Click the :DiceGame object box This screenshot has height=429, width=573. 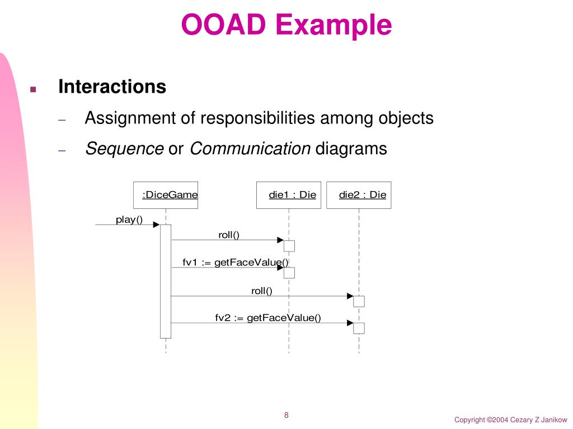[166, 195]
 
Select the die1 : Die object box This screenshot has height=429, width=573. [289, 195]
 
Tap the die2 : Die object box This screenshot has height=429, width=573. [359, 195]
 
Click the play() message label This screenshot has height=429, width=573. [129, 220]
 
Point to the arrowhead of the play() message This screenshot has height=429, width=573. [156, 225]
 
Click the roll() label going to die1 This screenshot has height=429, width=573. [229, 235]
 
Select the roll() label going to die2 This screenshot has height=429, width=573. [261, 290]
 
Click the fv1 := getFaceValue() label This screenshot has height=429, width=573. [236, 263]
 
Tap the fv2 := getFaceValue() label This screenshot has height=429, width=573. [268, 318]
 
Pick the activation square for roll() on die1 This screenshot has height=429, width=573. [289, 246]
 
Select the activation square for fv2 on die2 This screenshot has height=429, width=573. [359, 328]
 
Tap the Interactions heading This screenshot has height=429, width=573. [112, 87]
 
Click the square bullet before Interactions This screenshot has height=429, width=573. [32, 89]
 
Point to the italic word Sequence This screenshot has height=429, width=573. [124, 149]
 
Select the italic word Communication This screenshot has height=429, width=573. [250, 149]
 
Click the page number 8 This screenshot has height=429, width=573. [286, 415]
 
